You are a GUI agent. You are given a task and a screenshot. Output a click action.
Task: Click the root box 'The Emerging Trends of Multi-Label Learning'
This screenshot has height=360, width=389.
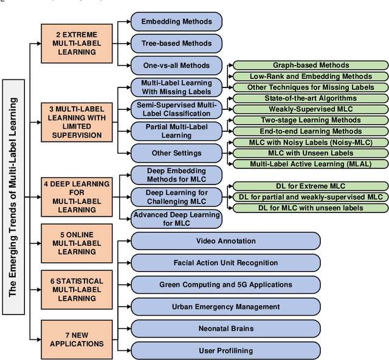tap(12, 197)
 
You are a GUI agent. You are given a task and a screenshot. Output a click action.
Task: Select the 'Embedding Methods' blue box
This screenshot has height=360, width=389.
tap(177, 22)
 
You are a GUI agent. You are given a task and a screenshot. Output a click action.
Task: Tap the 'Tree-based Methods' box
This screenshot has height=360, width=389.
tap(177, 44)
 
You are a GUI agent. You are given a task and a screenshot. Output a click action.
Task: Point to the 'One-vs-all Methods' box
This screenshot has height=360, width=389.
tap(177, 66)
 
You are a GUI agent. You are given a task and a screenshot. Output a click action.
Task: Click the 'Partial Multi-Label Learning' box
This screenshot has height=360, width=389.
tap(177, 131)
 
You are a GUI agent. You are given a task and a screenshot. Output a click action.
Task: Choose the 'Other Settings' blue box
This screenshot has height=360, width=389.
tap(177, 153)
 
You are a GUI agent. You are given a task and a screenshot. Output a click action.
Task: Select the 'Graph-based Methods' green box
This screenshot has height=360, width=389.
tap(311, 66)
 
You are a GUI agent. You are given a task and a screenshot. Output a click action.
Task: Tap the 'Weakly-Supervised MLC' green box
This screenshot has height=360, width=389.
tap(311, 109)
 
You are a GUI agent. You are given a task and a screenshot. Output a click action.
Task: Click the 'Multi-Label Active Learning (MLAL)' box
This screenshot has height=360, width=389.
tap(311, 164)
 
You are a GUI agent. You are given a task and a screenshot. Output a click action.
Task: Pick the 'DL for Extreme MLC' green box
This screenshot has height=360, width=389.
tap(311, 186)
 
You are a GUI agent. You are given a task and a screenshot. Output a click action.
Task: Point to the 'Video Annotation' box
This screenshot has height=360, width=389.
tap(225, 241)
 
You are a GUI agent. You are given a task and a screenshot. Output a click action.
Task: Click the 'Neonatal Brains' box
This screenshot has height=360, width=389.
tap(225, 328)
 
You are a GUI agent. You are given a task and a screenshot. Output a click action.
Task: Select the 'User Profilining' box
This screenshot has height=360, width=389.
tap(225, 350)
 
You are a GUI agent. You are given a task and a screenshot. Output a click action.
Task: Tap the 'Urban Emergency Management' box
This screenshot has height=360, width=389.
tap(225, 307)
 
